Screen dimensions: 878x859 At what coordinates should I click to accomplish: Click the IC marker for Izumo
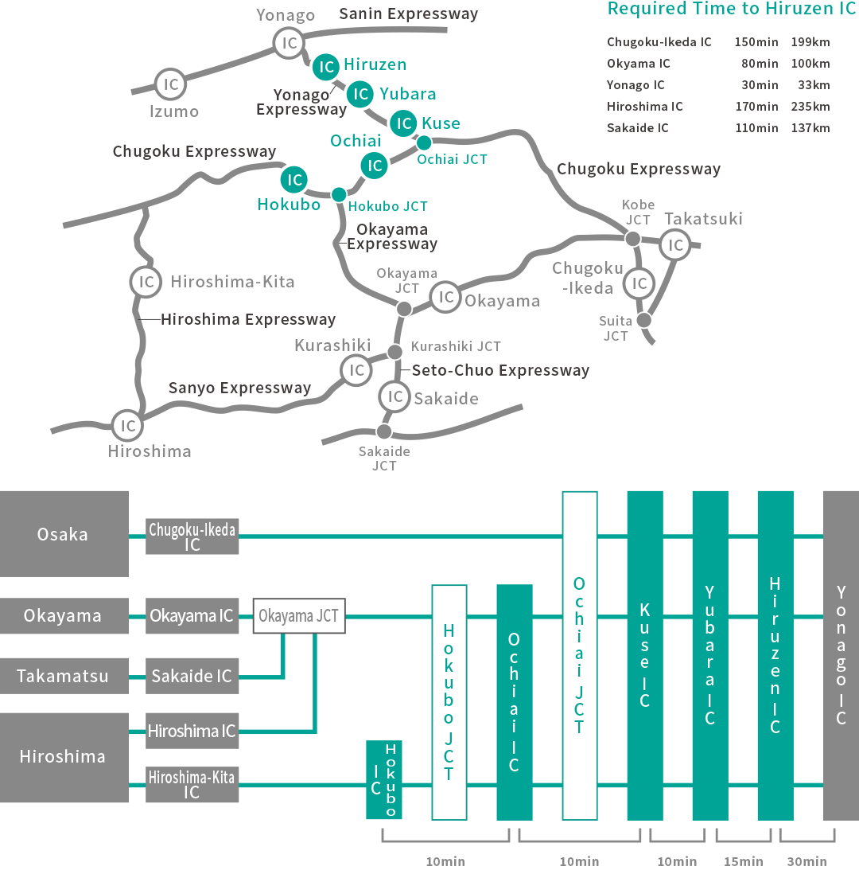point(169,84)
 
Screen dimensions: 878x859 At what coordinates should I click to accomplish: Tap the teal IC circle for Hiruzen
point(326,68)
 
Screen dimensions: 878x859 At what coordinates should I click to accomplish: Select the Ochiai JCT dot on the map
point(424,142)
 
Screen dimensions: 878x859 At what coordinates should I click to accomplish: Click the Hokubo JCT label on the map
point(388,206)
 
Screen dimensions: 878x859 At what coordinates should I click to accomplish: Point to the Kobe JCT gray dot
point(632,239)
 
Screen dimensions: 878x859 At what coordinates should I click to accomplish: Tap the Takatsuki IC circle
point(675,245)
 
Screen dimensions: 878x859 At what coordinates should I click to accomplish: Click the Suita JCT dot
point(643,320)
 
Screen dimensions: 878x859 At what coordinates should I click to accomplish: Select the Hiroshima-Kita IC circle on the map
point(146,282)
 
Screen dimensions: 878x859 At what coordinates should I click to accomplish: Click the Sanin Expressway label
point(409,14)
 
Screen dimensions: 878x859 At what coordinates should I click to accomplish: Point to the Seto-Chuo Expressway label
point(500,370)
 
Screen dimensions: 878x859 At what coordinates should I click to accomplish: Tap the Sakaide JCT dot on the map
point(384,431)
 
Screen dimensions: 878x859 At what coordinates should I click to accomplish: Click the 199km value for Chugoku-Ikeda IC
point(810,42)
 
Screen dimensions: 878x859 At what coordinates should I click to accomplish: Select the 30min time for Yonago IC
point(759,85)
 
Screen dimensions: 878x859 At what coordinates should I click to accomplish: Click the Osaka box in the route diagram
point(64,533)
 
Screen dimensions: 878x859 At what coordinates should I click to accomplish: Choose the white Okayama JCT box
point(299,616)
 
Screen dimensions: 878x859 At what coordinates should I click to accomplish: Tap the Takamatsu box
point(64,676)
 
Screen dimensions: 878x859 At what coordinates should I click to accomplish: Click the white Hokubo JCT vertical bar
point(449,702)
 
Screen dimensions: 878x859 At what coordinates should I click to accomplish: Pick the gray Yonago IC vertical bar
point(841,654)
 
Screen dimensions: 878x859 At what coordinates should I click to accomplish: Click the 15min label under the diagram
point(743,861)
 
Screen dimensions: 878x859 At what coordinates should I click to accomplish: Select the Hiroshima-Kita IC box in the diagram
point(192,784)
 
